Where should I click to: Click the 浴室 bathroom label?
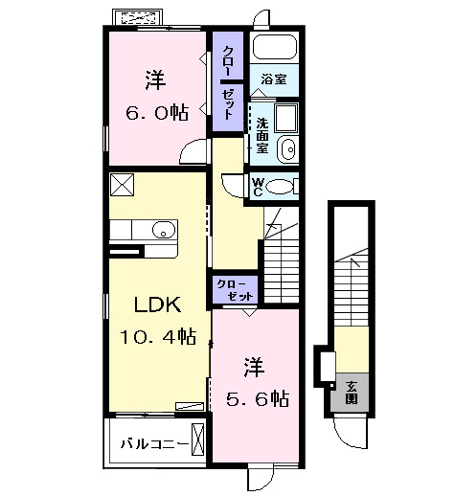274,79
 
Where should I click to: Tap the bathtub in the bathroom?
275,47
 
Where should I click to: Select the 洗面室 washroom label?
262,135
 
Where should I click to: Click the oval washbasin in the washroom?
287,149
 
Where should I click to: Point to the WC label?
258,187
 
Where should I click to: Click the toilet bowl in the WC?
280,187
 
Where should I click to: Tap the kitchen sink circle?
164,230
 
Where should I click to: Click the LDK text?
157,304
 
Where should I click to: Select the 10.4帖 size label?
158,336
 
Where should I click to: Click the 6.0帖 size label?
157,112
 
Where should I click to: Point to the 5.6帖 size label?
258,398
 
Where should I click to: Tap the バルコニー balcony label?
154,444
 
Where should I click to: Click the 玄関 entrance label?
352,393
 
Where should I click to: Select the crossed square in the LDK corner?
122,185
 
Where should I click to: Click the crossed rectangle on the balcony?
197,440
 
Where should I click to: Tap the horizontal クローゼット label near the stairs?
236,290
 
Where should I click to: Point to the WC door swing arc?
229,189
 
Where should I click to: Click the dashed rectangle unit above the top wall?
138,18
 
